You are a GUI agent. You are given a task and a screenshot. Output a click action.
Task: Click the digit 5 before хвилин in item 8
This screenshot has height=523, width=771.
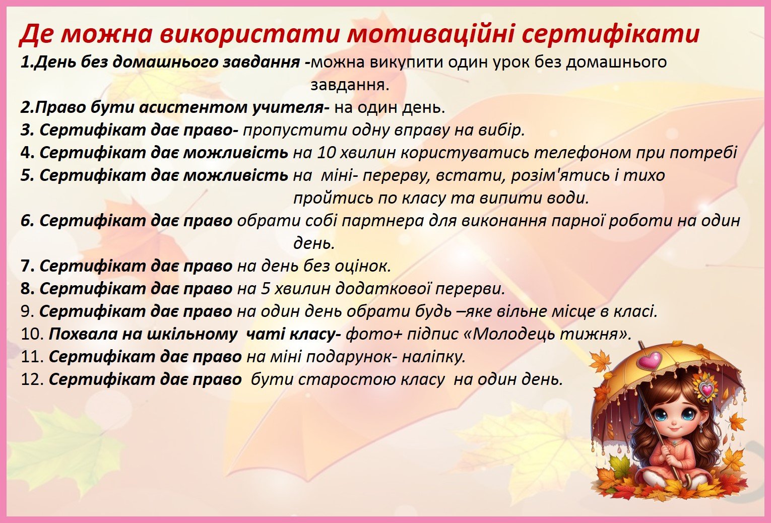(266, 289)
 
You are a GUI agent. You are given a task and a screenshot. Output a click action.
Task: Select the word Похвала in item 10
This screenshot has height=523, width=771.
(83, 334)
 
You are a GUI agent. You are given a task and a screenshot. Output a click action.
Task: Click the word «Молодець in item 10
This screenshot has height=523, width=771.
(509, 334)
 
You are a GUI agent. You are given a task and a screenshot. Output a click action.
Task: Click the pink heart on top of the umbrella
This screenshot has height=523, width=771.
(650, 360)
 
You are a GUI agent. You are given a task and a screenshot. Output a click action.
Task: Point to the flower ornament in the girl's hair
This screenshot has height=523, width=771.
(704, 387)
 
